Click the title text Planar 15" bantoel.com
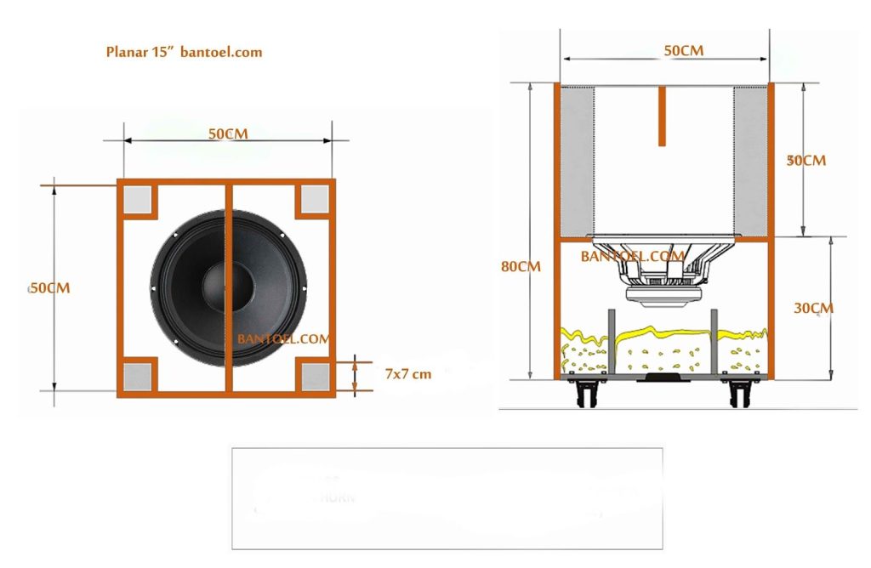pyautogui.click(x=184, y=52)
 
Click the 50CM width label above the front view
pyautogui.click(x=228, y=134)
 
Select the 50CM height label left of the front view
pyautogui.click(x=50, y=287)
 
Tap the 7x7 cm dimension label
pyautogui.click(x=407, y=374)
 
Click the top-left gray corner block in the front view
pyautogui.click(x=138, y=200)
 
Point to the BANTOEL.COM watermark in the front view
pyautogui.click(x=283, y=338)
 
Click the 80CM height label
pyautogui.click(x=521, y=266)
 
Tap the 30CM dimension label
pyautogui.click(x=814, y=308)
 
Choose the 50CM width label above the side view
pyautogui.click(x=683, y=50)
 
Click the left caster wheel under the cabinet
pyautogui.click(x=587, y=391)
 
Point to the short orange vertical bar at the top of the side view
pyautogui.click(x=662, y=116)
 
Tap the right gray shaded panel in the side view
pyautogui.click(x=751, y=162)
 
